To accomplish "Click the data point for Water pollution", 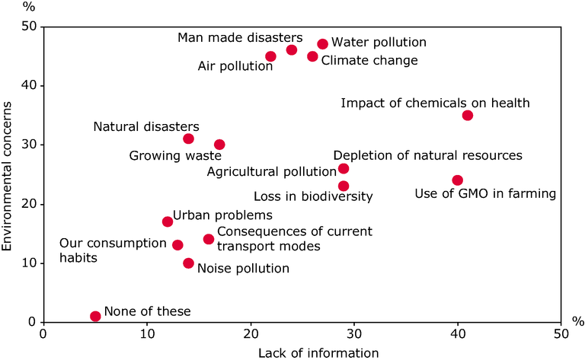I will [322, 44].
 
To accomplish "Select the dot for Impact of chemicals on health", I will [468, 116].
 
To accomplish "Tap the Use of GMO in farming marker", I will [457, 180].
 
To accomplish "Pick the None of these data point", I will [95, 316].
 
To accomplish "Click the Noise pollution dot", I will [188, 263].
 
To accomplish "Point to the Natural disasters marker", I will [188, 139].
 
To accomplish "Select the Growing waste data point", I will [219, 145].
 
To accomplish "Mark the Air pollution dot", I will [270, 56].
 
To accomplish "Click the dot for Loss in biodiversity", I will [344, 186].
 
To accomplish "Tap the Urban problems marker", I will [168, 221].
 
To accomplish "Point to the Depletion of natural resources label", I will [427, 155].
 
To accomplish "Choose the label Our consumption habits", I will [113, 250].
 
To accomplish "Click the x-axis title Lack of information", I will [302, 352].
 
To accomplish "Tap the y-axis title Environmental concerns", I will [8, 189].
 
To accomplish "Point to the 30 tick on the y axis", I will [30, 145].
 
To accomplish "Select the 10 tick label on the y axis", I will [30, 263].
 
